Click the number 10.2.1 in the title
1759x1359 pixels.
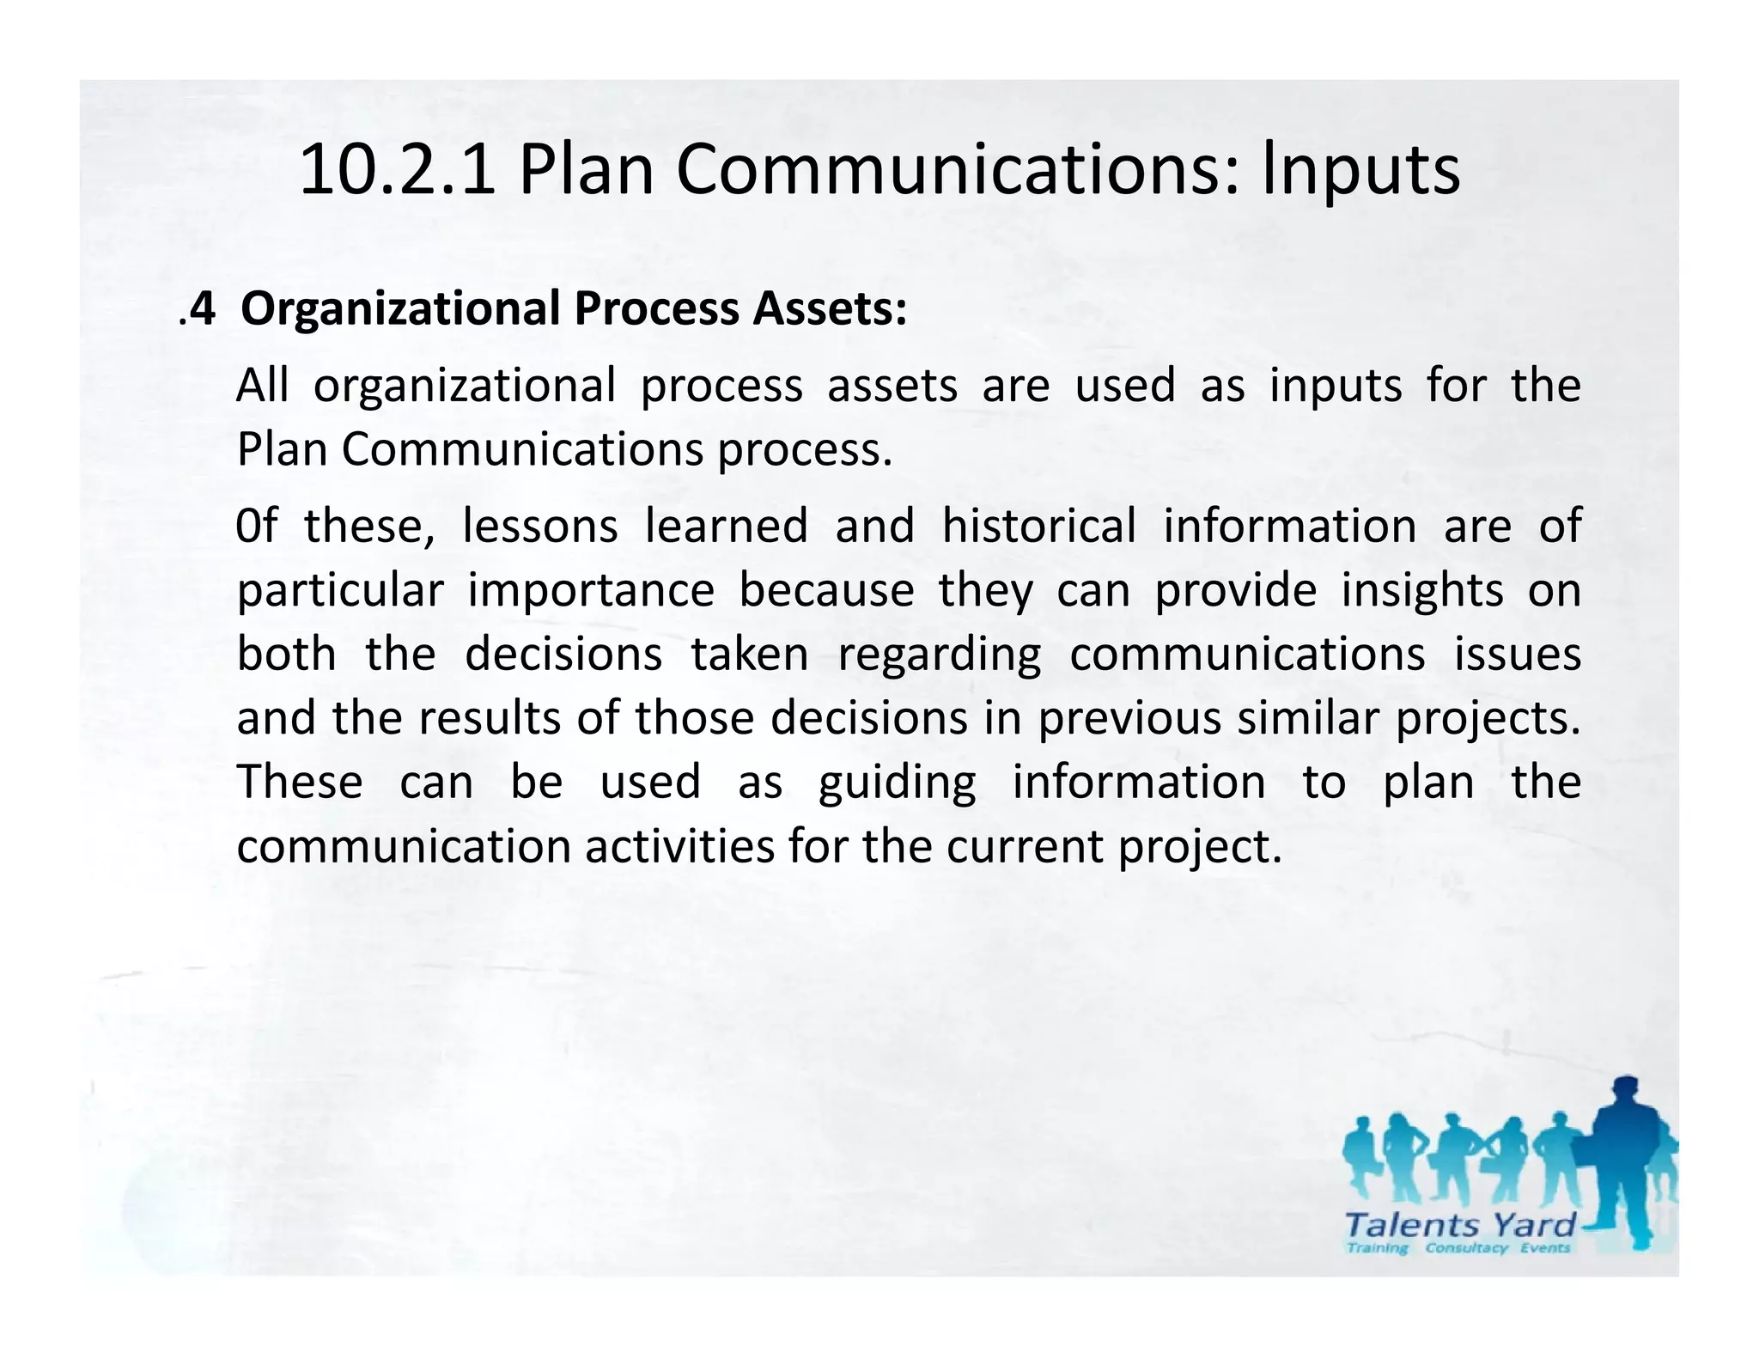(x=397, y=170)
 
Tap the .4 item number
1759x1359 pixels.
(x=198, y=309)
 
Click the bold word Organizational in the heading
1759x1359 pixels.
(x=400, y=309)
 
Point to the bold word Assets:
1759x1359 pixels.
(x=830, y=309)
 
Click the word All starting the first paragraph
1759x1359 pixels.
(x=262, y=386)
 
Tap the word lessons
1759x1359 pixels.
(x=540, y=526)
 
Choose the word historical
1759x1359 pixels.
(x=1038, y=526)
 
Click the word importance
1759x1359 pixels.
(x=591, y=591)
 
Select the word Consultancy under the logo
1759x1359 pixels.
(x=1466, y=1248)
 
